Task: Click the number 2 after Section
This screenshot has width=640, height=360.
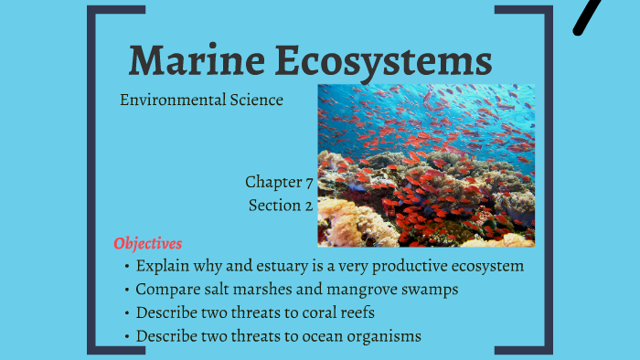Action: [x=308, y=206]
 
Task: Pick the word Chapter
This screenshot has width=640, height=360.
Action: [x=273, y=182]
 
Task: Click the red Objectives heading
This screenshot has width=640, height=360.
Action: [x=148, y=243]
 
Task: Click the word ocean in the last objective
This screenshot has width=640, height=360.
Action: [x=319, y=336]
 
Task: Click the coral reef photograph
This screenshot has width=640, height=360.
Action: [x=426, y=165]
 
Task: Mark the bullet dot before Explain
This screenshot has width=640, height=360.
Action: [x=126, y=267]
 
